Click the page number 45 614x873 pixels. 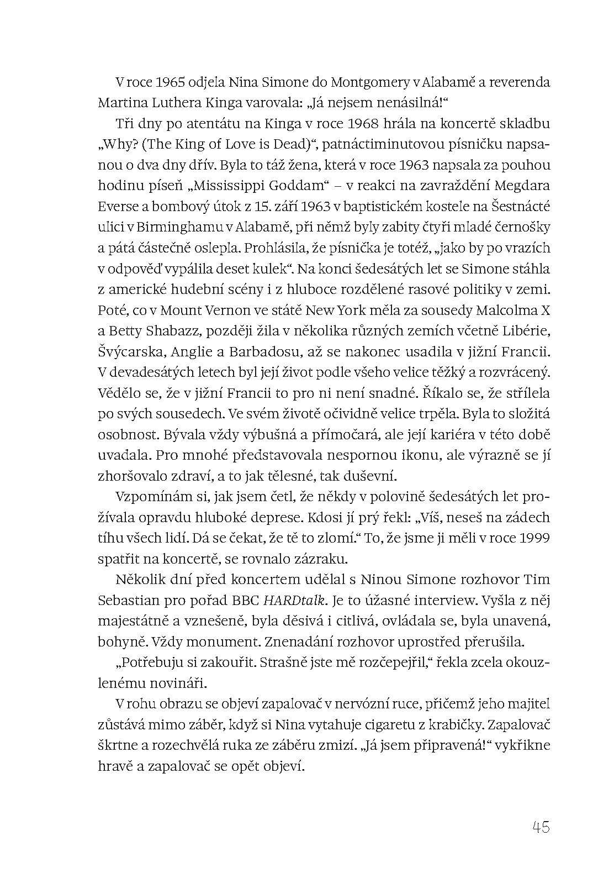(541, 827)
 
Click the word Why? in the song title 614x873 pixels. (117, 144)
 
